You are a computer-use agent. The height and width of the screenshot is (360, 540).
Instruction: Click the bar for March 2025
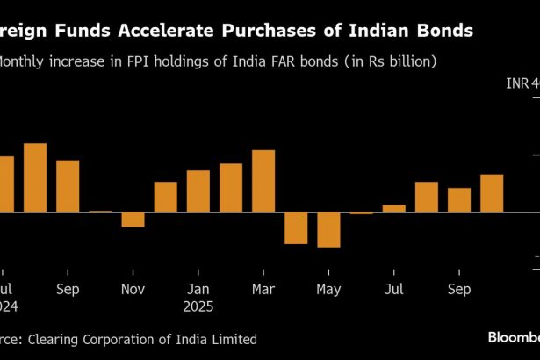[263, 181]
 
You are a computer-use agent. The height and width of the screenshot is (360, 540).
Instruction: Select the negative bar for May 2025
[328, 229]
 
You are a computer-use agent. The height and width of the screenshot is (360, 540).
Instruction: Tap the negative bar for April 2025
[296, 227]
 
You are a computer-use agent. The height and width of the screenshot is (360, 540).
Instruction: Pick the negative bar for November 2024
[133, 220]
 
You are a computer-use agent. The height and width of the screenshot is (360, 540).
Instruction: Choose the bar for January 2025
[198, 191]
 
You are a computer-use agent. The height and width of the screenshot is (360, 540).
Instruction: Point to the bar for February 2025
[231, 188]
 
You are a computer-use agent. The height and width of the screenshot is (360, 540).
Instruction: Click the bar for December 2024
[166, 197]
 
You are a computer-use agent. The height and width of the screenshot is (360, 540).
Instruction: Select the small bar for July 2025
[394, 208]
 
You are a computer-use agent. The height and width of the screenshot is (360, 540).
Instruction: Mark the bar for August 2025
[427, 197]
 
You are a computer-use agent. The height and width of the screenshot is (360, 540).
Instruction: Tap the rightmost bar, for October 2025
[492, 193]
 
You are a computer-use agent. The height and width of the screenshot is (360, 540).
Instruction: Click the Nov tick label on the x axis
[133, 289]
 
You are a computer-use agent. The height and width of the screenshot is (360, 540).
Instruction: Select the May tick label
[328, 289]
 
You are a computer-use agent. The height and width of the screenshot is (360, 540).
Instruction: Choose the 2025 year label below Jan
[198, 307]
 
